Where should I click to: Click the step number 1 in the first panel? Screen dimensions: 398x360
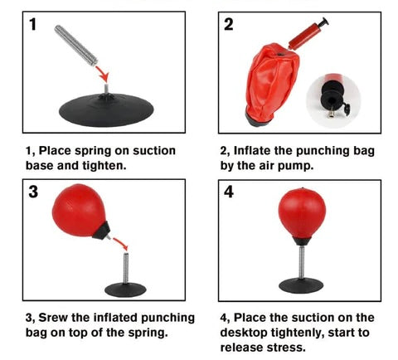(33, 24)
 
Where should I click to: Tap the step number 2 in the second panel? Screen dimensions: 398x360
(229, 24)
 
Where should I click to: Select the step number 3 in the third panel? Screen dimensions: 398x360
(33, 192)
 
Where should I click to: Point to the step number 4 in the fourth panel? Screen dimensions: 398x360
(229, 192)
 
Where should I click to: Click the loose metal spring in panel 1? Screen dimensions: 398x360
(76, 46)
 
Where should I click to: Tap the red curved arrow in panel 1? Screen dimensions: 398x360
(103, 73)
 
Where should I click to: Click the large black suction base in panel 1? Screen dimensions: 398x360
(106, 109)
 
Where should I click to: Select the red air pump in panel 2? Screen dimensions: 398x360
(308, 34)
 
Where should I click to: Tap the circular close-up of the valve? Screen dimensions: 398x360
(333, 100)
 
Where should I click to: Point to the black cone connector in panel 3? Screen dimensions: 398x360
(101, 231)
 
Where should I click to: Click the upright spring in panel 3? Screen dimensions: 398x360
(126, 268)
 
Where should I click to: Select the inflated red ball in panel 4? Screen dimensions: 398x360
(302, 213)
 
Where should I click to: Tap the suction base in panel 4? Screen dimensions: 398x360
(301, 285)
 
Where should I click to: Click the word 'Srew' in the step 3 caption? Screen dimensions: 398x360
(53, 318)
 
